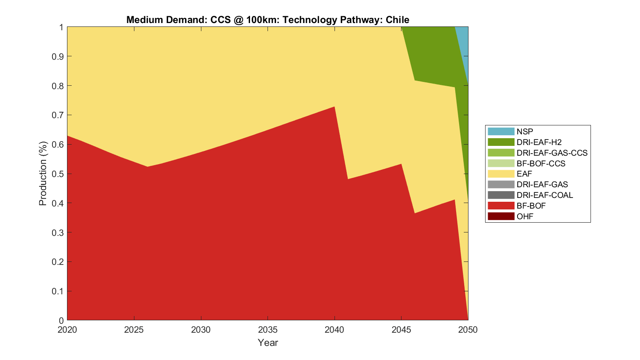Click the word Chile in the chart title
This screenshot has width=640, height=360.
pos(397,20)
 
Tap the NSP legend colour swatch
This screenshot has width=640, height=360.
pos(501,132)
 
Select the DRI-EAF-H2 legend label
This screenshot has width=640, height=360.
pos(539,142)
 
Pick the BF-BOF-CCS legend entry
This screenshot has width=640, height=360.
pos(541,163)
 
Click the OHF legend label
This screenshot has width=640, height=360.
pos(525,216)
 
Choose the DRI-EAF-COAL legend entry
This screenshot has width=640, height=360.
pos(544,195)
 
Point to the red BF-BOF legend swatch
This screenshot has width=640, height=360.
pos(501,206)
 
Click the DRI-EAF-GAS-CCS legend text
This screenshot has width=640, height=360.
pos(552,153)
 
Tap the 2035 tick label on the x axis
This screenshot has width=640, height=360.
pos(268,330)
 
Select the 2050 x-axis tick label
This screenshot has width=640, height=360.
pos(468,330)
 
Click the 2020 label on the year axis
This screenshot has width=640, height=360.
pos(67,330)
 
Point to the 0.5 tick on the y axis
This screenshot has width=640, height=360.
pos(58,174)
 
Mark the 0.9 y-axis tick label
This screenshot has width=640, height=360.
pos(58,56)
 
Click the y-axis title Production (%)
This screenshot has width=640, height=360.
pos(43,174)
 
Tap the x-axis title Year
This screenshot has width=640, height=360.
pos(268,343)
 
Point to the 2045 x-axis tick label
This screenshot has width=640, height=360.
pos(401,330)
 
